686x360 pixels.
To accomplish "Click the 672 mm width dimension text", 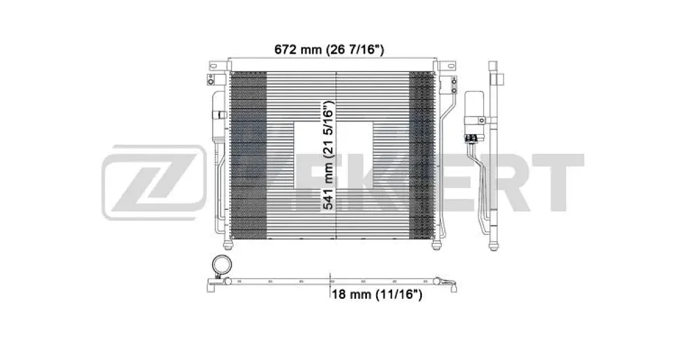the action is pos(329,50).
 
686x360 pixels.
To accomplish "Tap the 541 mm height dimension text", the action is pos(328,155).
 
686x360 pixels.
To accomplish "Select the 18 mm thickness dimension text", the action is pos(377,294).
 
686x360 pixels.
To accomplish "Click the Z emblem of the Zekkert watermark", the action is pos(154,182).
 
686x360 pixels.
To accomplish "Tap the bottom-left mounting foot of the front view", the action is pos(228,245).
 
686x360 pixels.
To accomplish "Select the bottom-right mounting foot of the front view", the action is pos(436,245).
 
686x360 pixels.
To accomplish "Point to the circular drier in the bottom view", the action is pos(222,265).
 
